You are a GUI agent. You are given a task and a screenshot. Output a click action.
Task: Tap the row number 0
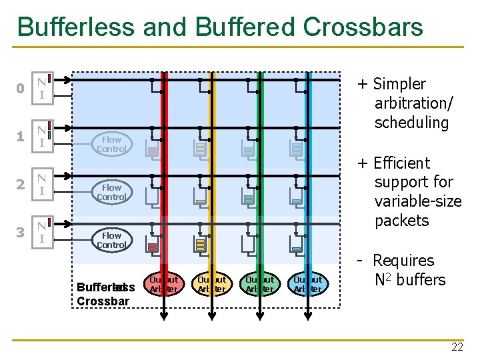coord(21,89)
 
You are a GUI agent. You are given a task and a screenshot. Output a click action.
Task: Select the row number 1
coord(21,137)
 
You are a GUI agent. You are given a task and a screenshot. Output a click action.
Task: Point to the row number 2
coord(21,185)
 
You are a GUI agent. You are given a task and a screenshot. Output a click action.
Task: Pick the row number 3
coord(21,233)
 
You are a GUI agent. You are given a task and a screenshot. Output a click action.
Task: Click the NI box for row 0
coord(42,89)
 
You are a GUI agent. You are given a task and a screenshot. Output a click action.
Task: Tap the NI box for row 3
coord(42,232)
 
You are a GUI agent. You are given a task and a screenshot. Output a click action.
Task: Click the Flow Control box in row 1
coord(111,144)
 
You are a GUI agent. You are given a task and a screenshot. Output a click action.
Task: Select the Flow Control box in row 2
coord(111,192)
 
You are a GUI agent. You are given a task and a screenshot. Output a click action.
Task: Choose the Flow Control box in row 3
coord(111,240)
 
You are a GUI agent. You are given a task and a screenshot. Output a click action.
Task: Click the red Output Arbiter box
coord(163,284)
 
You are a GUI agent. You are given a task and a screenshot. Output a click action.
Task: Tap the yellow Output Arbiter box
coord(211,284)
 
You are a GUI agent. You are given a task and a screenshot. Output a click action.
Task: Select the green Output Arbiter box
coord(259,284)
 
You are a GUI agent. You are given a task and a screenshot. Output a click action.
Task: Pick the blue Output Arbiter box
coord(307,284)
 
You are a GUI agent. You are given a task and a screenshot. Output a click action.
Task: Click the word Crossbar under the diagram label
coord(103,300)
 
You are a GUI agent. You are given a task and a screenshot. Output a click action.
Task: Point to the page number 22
coord(457,347)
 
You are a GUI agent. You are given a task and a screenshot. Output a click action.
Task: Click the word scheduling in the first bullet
coord(411,123)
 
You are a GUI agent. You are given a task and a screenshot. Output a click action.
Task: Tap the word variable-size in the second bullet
coord(417,201)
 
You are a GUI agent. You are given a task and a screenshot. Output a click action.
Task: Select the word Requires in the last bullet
coord(403,261)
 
